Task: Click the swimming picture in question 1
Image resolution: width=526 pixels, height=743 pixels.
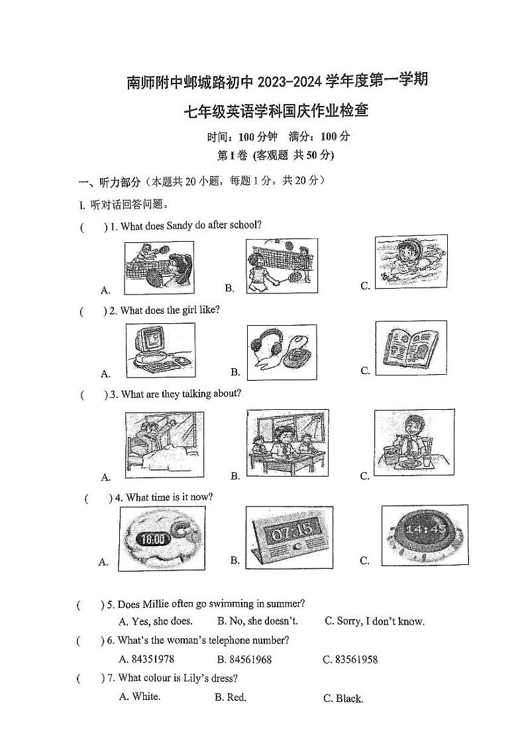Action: (x=411, y=261)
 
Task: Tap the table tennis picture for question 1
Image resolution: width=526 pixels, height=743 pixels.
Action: (x=159, y=266)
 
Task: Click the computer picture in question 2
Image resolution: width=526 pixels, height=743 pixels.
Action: (x=160, y=350)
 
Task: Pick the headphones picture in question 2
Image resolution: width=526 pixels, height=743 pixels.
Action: (x=282, y=351)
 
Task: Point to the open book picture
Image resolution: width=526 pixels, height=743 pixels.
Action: (x=411, y=348)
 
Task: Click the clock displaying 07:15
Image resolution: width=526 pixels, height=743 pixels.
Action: (x=289, y=536)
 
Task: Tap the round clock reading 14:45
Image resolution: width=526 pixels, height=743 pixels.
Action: (x=424, y=534)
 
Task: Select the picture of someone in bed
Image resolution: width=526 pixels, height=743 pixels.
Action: (x=164, y=444)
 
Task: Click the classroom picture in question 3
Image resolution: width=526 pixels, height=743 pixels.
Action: (x=287, y=442)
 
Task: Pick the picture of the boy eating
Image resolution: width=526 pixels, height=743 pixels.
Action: (x=413, y=441)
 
